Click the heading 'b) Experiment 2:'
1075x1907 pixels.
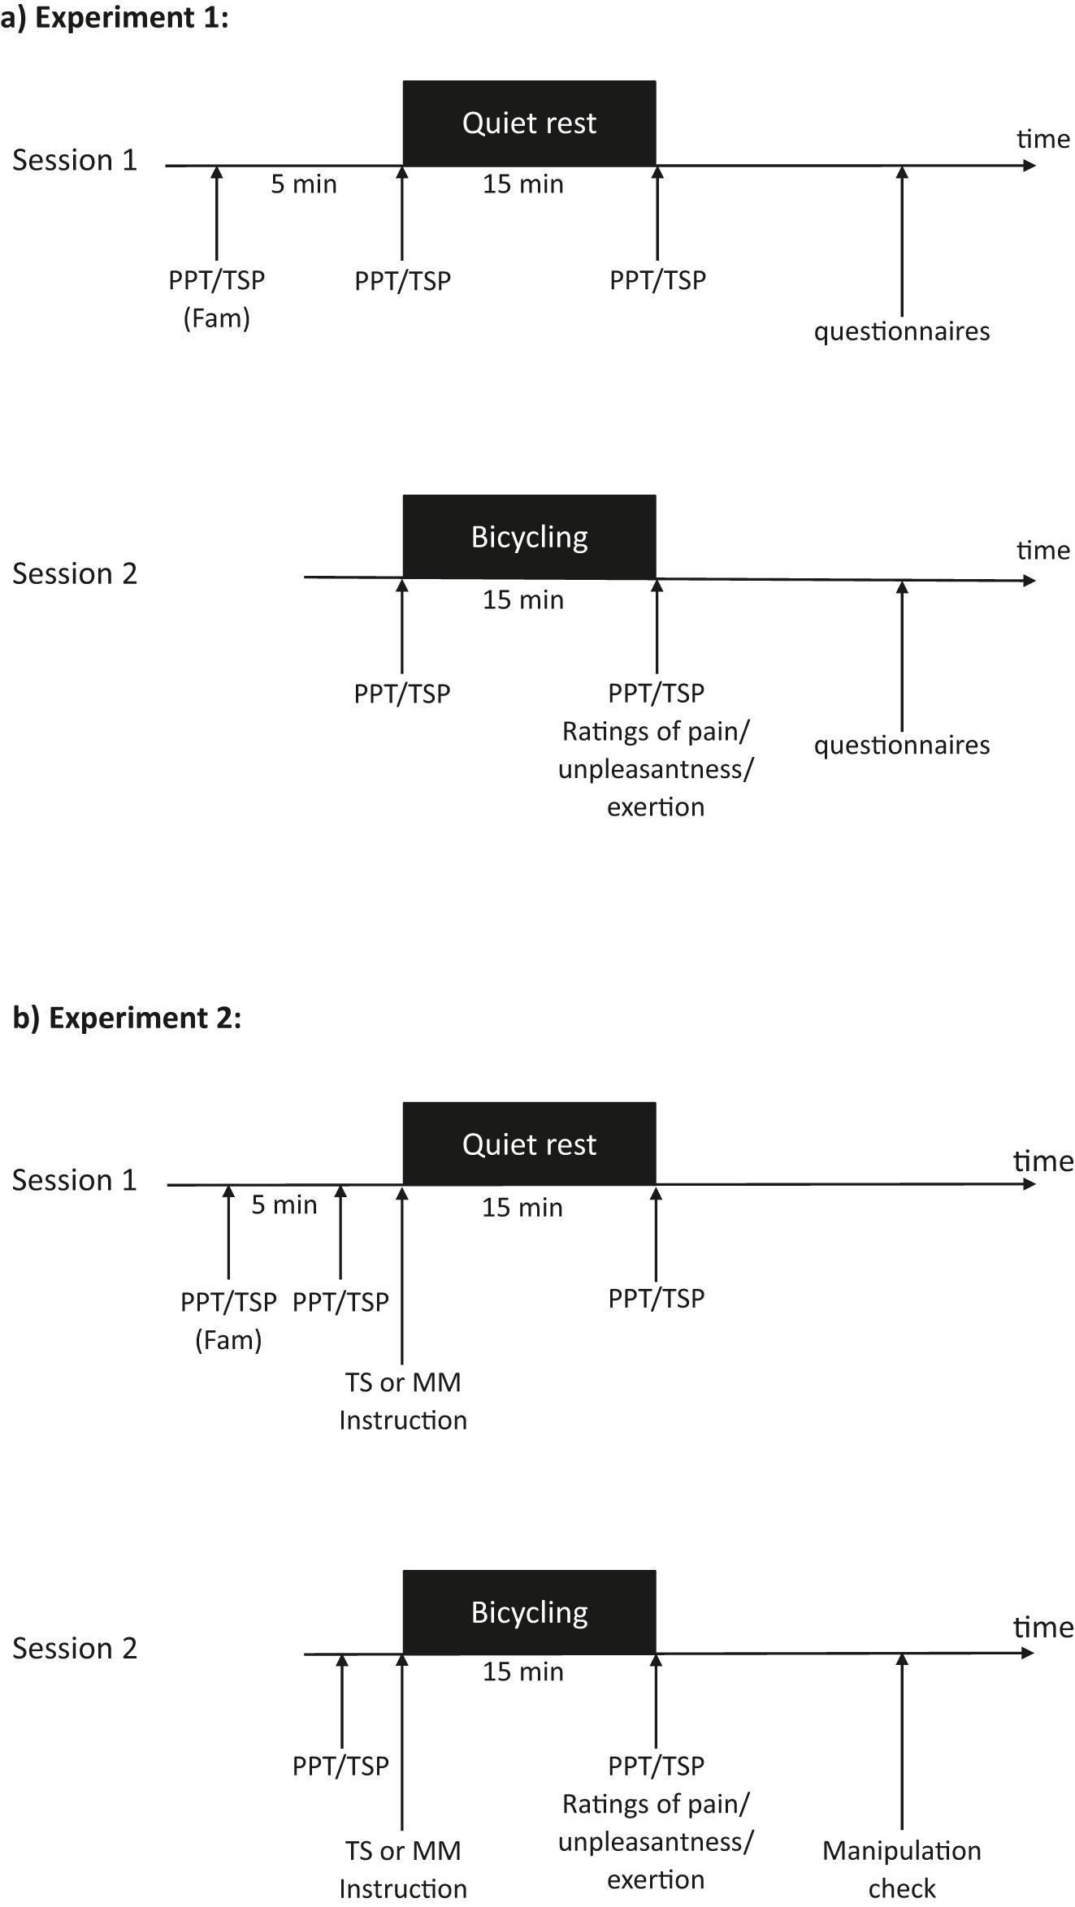[x=127, y=1018]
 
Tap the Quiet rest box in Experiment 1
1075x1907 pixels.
[x=529, y=123]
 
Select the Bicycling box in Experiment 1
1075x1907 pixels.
[x=529, y=537]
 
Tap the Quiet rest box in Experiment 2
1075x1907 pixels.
[x=529, y=1144]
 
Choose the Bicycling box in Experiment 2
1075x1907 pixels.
[x=529, y=1612]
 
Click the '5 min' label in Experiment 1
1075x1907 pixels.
[x=303, y=184]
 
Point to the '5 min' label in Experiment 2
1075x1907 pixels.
[x=284, y=1204]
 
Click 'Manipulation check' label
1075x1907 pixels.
[x=901, y=1869]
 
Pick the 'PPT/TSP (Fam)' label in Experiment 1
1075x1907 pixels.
[x=216, y=298]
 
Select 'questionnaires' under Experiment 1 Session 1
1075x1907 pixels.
[x=901, y=331]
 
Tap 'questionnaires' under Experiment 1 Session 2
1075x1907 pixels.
[x=901, y=745]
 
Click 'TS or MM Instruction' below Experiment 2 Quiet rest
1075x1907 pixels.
[x=403, y=1401]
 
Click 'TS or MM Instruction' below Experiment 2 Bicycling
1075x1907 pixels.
[x=403, y=1869]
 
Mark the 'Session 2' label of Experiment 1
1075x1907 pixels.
[x=74, y=573]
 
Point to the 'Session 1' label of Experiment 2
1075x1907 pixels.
[x=74, y=1180]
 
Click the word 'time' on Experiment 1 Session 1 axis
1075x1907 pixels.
[x=1042, y=139]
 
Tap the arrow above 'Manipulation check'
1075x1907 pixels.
[x=901, y=1738]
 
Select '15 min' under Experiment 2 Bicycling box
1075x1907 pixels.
[x=522, y=1671]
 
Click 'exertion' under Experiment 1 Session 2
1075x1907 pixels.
[x=656, y=806]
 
